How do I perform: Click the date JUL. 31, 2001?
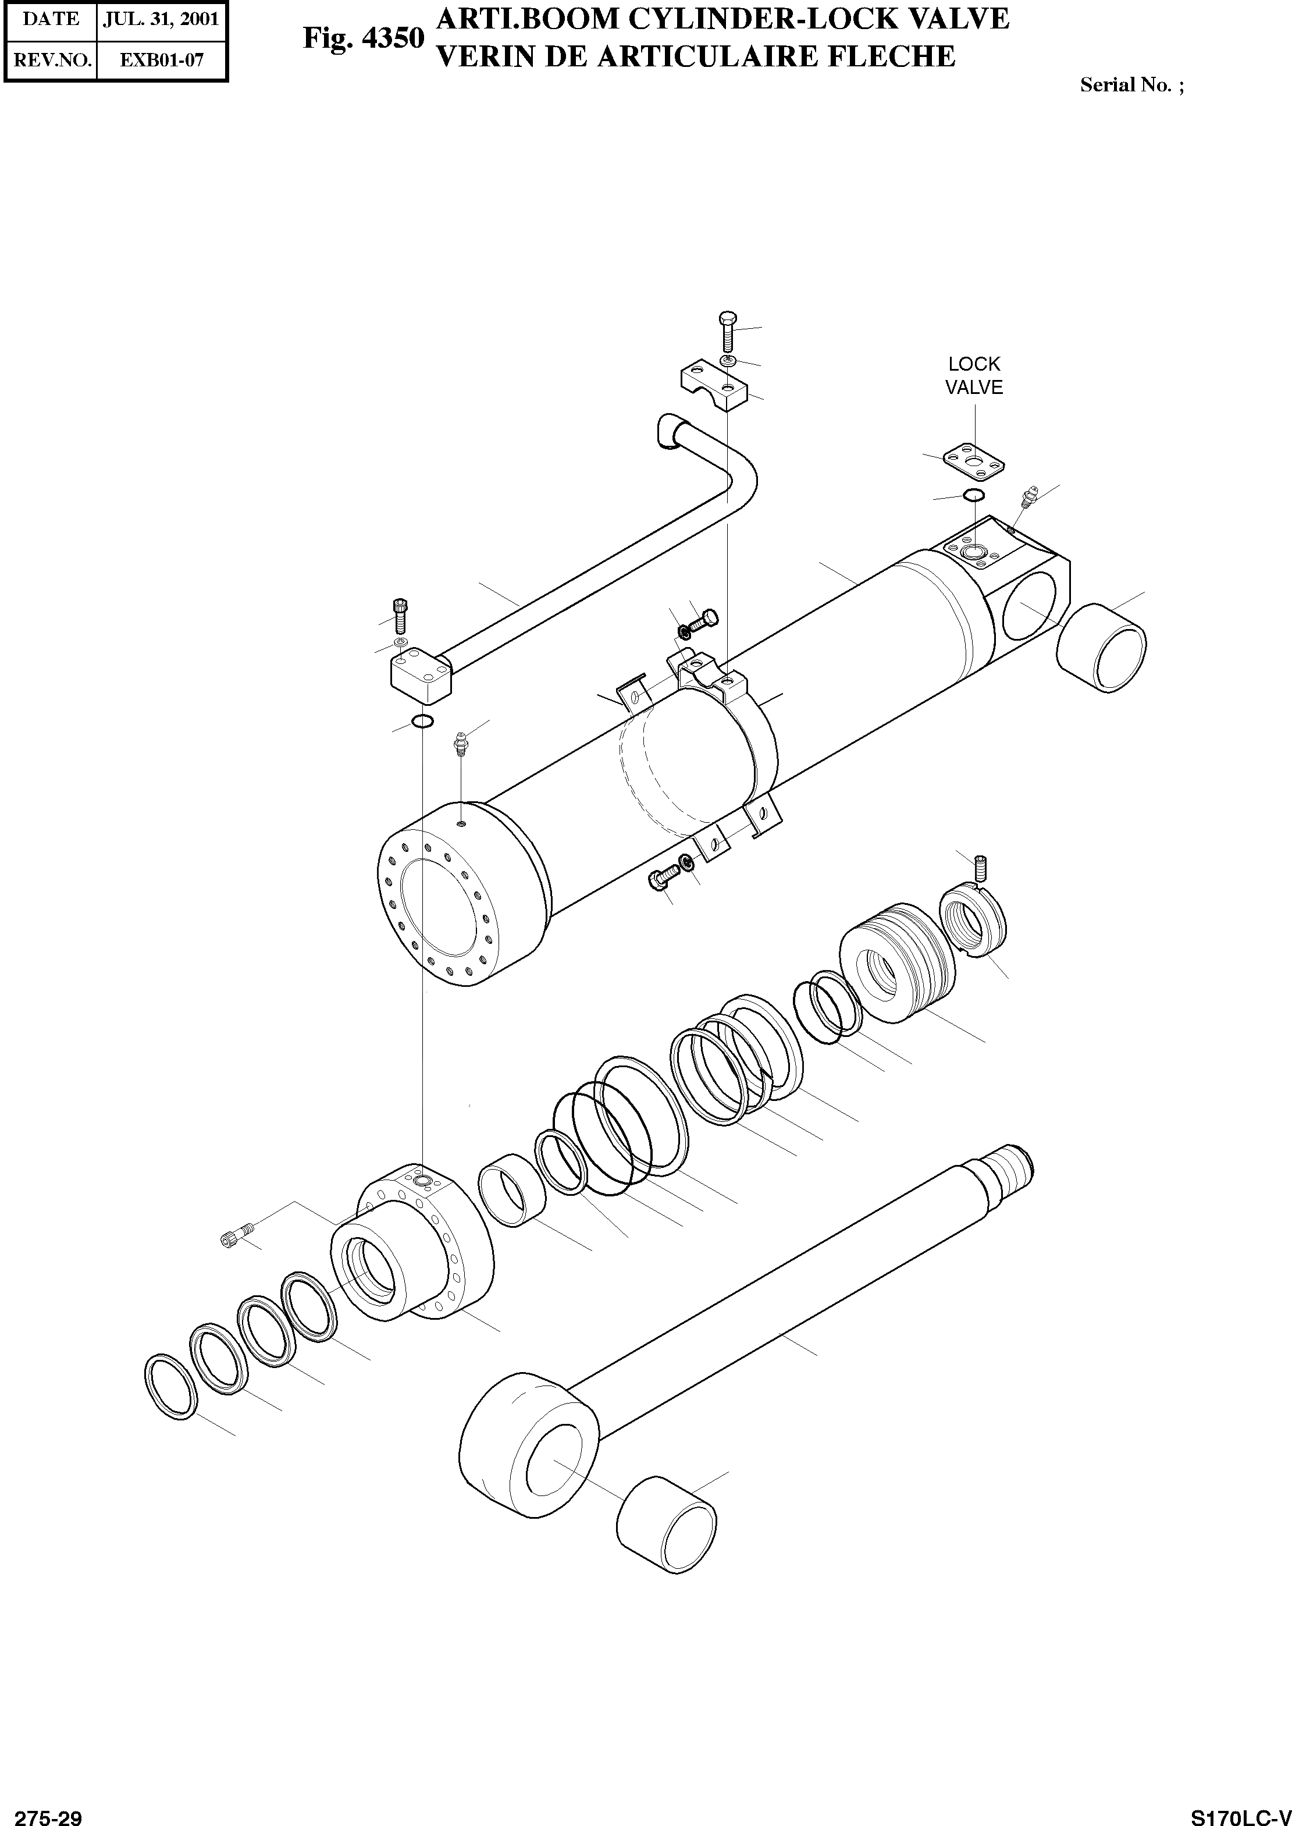coord(162,19)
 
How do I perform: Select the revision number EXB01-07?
coord(162,60)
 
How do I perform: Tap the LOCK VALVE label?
coord(974,375)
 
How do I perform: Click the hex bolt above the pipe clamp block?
coord(728,330)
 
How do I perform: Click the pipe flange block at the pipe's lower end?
coord(421,674)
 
